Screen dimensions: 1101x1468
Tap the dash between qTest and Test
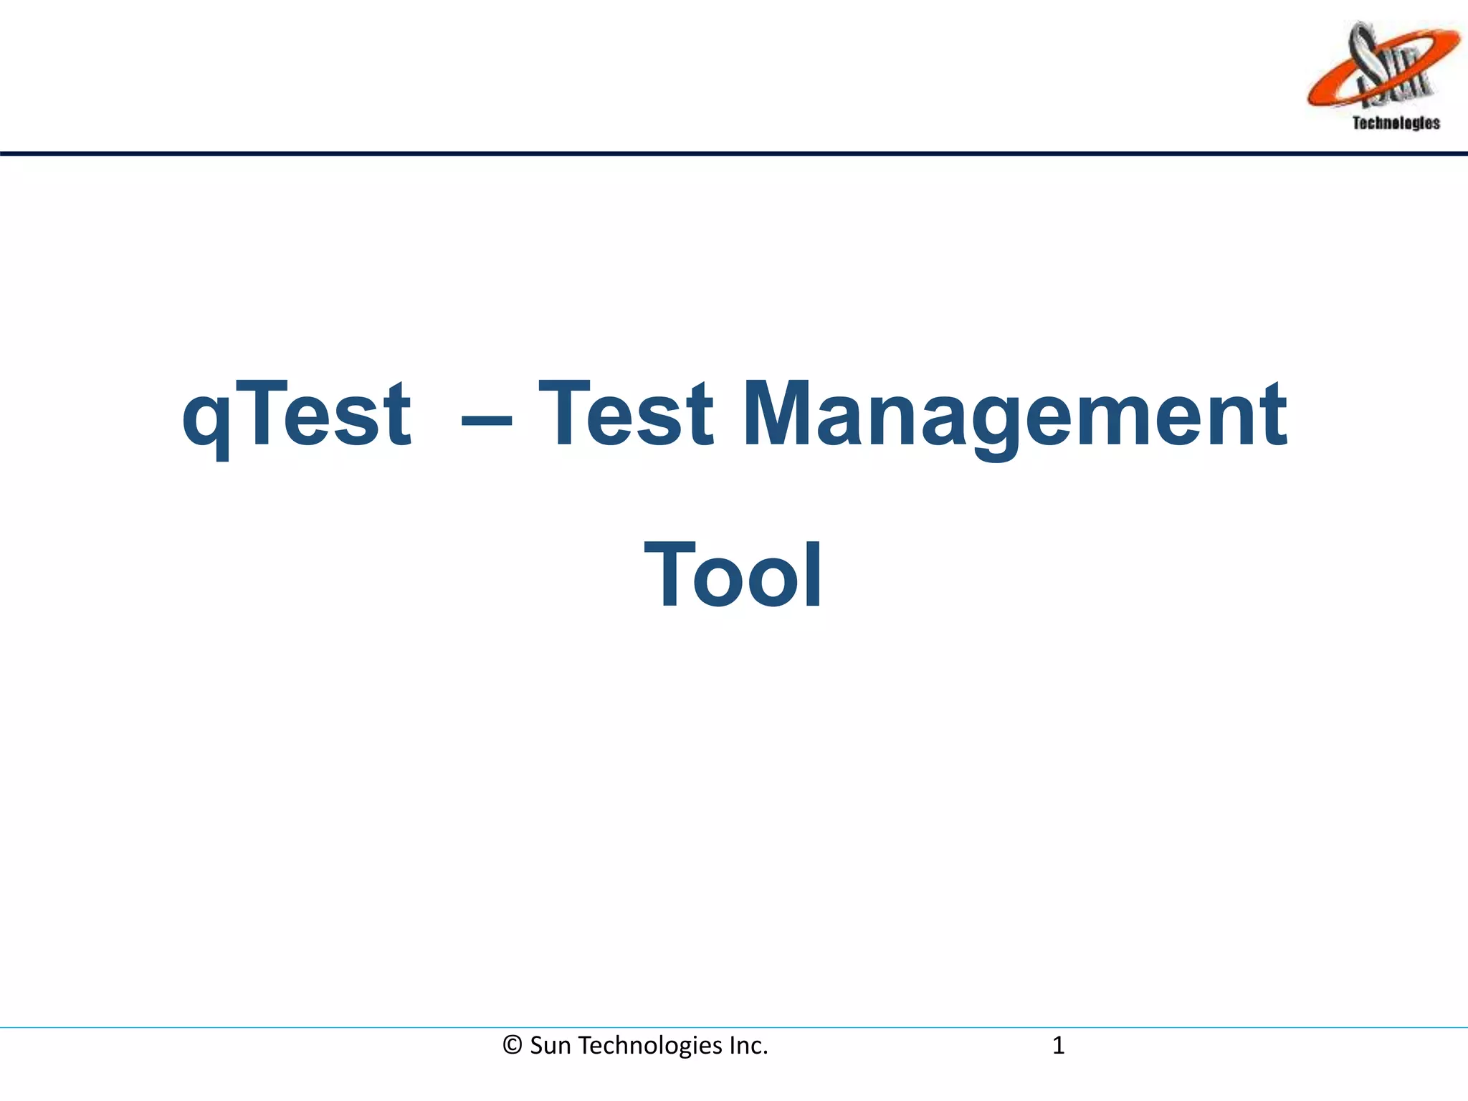pyautogui.click(x=487, y=423)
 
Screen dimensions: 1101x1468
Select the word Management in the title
pyautogui.click(x=1015, y=416)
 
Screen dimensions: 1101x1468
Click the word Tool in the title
pyautogui.click(x=733, y=575)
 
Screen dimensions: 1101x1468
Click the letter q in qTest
pyautogui.click(x=206, y=423)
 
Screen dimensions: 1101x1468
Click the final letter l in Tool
pyautogui.click(x=814, y=573)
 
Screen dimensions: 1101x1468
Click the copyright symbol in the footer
pyautogui.click(x=512, y=1046)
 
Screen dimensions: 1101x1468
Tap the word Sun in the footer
pyautogui.click(x=550, y=1046)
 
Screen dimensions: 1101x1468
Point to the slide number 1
pyautogui.click(x=1058, y=1046)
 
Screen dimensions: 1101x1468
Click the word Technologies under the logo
pyautogui.click(x=1396, y=123)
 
